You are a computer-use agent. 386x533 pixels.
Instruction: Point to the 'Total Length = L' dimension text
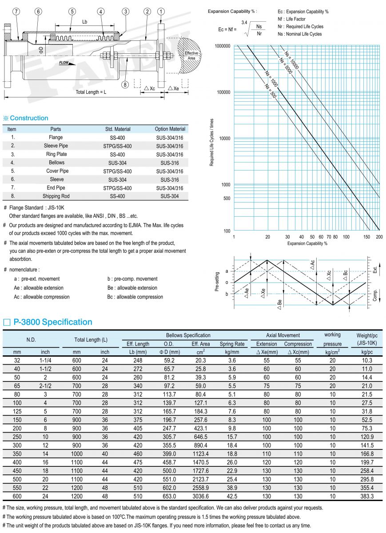click(91, 92)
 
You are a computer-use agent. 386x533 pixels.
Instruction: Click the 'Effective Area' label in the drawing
click(192, 56)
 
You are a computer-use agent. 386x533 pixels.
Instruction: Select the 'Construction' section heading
click(29, 118)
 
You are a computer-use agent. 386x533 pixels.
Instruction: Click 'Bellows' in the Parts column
click(56, 163)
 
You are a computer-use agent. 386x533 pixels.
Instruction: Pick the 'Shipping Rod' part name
click(56, 196)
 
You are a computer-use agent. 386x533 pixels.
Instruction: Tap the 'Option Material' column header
click(170, 129)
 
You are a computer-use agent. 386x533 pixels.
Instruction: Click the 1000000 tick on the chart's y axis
click(222, 46)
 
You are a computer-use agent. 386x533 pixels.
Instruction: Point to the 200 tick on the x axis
click(379, 237)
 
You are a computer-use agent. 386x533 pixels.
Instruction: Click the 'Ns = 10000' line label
click(292, 61)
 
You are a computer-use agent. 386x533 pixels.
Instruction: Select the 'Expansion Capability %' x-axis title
click(307, 243)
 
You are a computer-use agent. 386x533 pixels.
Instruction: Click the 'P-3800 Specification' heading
click(53, 322)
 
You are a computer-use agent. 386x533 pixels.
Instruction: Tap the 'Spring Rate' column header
click(232, 344)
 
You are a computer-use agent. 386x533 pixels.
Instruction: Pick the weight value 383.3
click(366, 496)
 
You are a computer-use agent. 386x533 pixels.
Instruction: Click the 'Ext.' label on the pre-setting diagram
click(375, 269)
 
